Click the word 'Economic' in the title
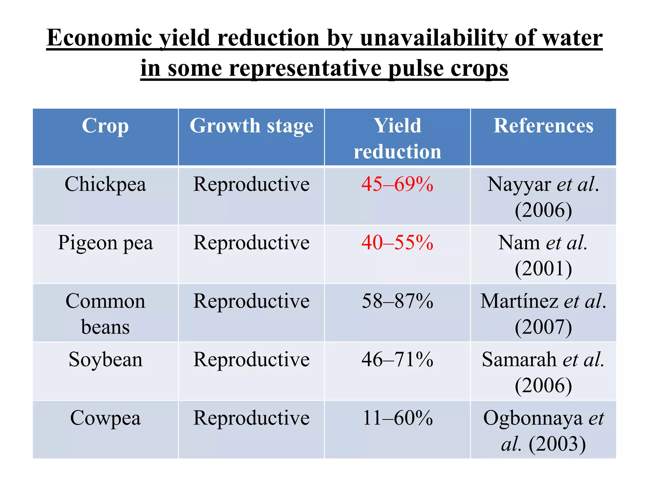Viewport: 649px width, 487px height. [100, 38]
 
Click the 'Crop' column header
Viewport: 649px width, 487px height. [105, 126]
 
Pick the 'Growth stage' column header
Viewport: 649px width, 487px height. [251, 126]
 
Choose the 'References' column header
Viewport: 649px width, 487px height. [543, 126]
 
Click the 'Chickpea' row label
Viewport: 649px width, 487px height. [105, 184]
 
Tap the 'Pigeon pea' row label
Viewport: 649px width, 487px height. [105, 243]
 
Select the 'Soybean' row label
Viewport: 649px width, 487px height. [105, 360]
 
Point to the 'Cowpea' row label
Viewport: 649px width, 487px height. [105, 418]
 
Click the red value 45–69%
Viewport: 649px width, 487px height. [397, 184]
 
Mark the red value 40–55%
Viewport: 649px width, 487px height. [397, 243]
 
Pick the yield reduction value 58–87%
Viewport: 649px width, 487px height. [397, 301]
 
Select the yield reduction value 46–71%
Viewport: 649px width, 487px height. [397, 360]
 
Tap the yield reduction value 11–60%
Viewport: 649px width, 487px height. [397, 418]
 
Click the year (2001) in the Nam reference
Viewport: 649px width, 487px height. [543, 269]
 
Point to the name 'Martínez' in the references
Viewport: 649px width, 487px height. [519, 301]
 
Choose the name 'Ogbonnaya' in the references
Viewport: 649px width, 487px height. [533, 418]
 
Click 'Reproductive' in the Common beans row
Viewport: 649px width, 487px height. [251, 301]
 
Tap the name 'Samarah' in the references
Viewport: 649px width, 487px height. [519, 360]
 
